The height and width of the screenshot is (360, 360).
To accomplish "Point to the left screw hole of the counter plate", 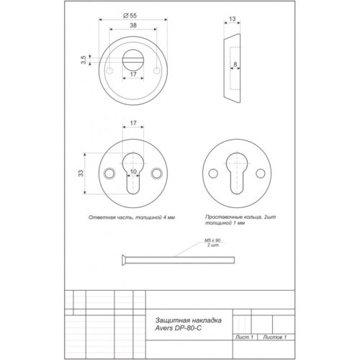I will point(110,174).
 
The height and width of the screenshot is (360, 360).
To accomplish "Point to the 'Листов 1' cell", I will point(274,337).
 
